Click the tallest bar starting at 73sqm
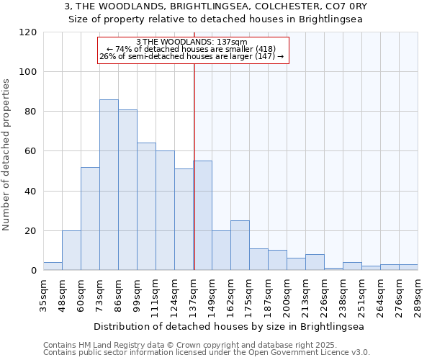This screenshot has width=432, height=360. (109, 185)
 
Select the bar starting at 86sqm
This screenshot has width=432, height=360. (127, 190)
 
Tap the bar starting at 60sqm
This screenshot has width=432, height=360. (90, 219)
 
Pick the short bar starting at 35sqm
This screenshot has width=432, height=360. (53, 266)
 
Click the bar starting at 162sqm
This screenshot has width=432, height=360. (240, 246)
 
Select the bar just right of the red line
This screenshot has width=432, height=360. (202, 216)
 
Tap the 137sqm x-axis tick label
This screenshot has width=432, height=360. (193, 294)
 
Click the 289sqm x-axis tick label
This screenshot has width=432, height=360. (418, 294)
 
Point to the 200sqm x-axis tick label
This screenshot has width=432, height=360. (287, 294)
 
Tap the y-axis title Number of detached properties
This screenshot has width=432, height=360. (6, 155)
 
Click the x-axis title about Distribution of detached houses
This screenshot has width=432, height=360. (230, 326)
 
